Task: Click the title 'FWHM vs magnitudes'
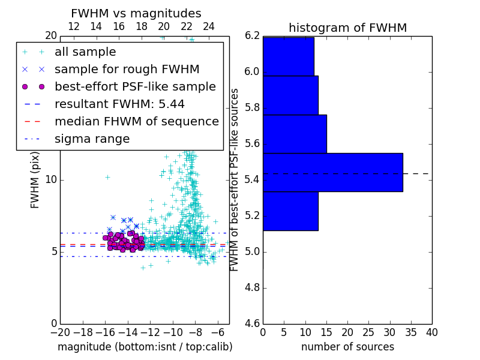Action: click(x=136, y=14)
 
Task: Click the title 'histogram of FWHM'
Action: click(x=347, y=28)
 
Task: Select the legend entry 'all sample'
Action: click(x=85, y=52)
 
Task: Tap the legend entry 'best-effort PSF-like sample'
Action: click(x=135, y=86)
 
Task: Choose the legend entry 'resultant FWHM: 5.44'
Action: click(x=119, y=104)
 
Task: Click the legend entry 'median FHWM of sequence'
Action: click(x=136, y=121)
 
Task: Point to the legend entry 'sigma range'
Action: click(x=92, y=139)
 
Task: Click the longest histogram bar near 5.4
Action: click(x=332, y=172)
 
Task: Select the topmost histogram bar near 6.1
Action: click(x=288, y=56)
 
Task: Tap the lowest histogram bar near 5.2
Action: click(x=290, y=211)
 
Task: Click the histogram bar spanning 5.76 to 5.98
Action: click(x=290, y=95)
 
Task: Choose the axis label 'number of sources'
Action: click(x=347, y=347)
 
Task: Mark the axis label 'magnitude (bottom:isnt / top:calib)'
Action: click(x=145, y=347)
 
